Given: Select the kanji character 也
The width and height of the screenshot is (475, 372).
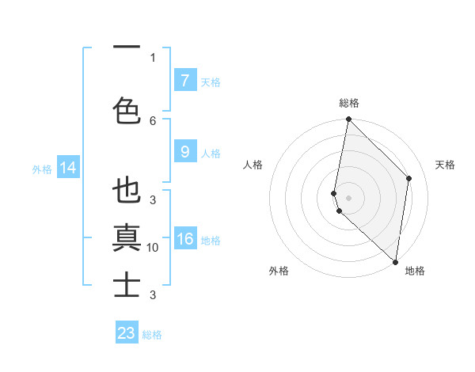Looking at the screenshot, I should (127, 192).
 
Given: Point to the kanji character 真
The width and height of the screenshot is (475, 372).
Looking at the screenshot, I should (127, 237).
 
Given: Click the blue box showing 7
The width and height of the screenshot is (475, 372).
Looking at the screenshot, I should (184, 81).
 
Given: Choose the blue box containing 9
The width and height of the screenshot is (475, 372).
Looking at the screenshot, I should (184, 152).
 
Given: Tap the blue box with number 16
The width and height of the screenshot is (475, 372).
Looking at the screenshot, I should (184, 239).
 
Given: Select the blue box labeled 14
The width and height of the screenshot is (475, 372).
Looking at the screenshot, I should (67, 168).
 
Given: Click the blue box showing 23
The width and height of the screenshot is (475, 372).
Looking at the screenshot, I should (127, 333).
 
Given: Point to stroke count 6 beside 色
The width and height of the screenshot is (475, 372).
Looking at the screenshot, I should (153, 120).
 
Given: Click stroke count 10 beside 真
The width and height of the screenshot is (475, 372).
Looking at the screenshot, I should (153, 248).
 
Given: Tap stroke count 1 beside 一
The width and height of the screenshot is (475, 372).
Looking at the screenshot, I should (153, 57).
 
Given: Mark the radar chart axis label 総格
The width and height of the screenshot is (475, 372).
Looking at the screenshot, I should (349, 104).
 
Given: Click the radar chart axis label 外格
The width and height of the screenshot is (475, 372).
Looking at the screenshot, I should (279, 271).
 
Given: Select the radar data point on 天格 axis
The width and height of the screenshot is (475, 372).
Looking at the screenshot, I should (409, 178).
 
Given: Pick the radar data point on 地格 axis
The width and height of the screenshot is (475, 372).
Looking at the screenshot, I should (396, 262).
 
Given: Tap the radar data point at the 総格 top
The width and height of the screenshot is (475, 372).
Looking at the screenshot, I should (349, 120).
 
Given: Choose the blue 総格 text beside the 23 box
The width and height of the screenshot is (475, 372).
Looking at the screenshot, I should (152, 334).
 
